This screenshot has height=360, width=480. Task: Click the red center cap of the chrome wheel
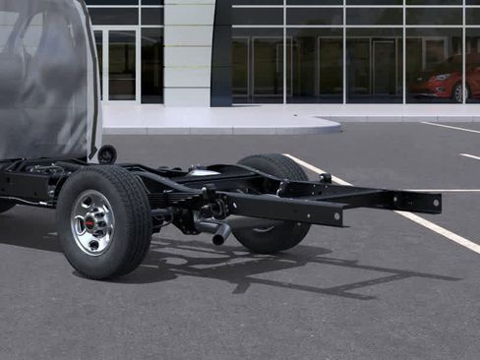pos(90,223)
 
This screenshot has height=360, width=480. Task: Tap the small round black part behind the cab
pos(106,154)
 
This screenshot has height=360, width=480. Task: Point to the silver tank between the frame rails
pos(205,174)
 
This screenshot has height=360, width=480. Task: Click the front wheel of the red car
pos(458,92)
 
